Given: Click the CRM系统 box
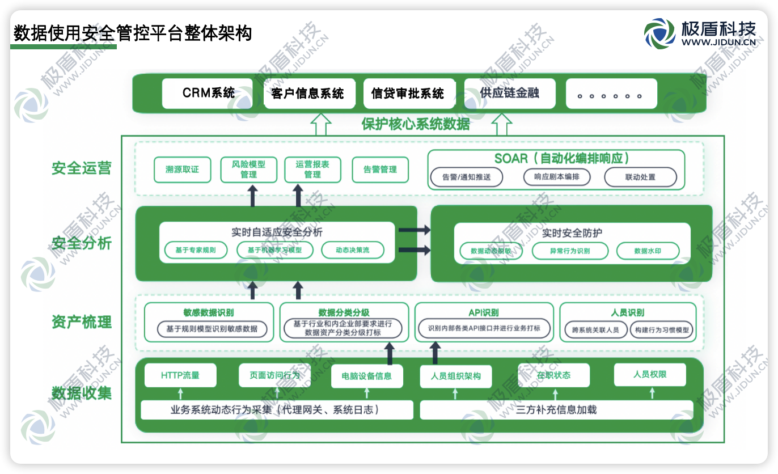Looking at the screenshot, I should [x=208, y=94].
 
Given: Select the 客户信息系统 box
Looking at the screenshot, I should [x=308, y=94].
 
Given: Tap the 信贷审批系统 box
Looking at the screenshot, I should [x=408, y=94].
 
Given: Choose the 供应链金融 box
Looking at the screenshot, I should [x=509, y=94].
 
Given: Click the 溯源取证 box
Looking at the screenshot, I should [x=182, y=170].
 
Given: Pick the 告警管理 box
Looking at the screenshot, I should [x=380, y=170].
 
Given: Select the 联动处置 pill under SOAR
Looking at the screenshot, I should [x=640, y=177].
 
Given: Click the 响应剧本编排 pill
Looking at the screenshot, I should [x=556, y=177].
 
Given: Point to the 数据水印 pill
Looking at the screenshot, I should [x=648, y=251].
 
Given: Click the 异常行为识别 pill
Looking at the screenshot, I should [x=570, y=251].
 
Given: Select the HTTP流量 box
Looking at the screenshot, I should [x=180, y=375].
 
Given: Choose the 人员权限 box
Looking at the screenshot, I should [x=650, y=375].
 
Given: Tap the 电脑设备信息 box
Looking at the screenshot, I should [x=366, y=376].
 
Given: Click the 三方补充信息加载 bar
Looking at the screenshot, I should [x=556, y=410].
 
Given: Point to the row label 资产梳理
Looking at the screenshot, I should [x=82, y=322].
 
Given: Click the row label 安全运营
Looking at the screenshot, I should [x=82, y=168].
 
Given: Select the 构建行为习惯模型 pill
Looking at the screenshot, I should [x=662, y=330].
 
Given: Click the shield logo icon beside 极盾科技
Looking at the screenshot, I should [x=659, y=33].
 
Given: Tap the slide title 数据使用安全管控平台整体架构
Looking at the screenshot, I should [x=133, y=33].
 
